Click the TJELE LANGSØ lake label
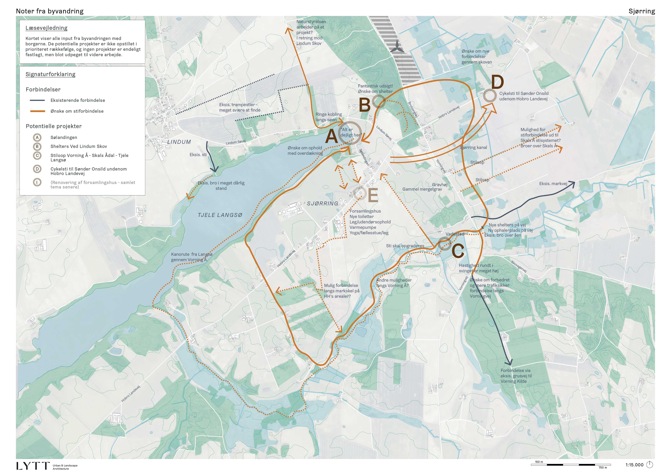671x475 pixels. pyautogui.click(x=220, y=215)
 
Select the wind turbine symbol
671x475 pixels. pyautogui.click(x=397, y=48)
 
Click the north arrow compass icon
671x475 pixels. pyautogui.click(x=649, y=464)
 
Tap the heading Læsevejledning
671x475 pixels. pyautogui.click(x=47, y=28)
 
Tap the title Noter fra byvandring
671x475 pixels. pyautogui.click(x=50, y=11)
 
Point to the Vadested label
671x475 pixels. pyautogui.click(x=455, y=234)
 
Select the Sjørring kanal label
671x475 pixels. pyautogui.click(x=473, y=147)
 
